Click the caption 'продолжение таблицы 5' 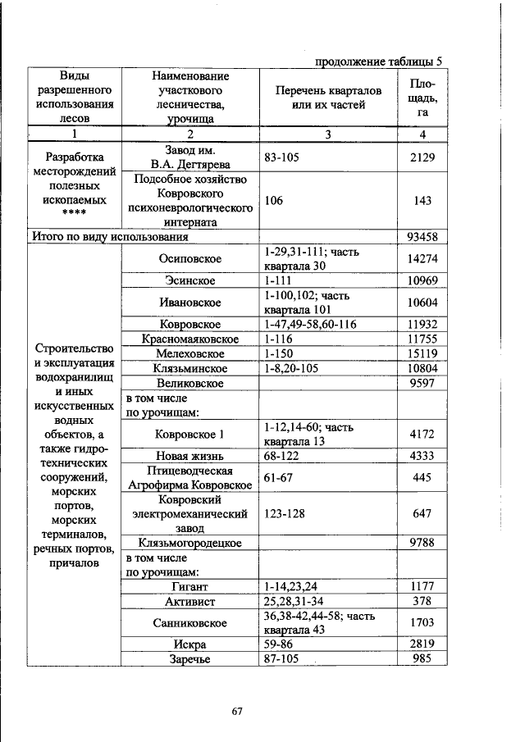tap(378, 61)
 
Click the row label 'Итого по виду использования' tap(110, 237)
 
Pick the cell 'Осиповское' tap(190, 259)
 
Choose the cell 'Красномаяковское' tap(190, 339)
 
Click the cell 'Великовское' tap(190, 383)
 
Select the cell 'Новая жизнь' tap(190, 455)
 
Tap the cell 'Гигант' tap(190, 586)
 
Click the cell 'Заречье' tap(190, 658)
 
